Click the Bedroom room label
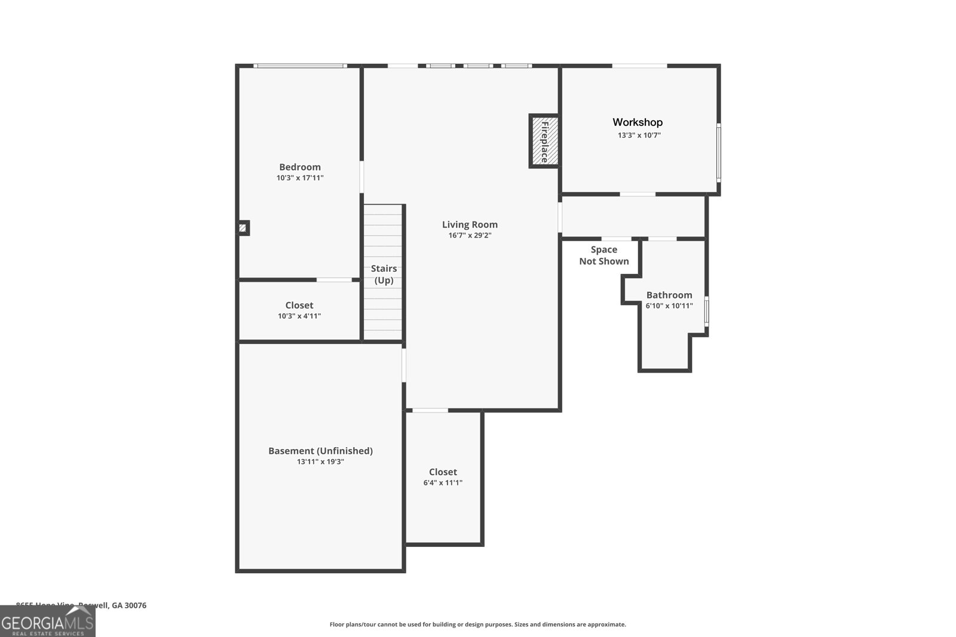(x=300, y=167)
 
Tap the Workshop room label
(x=638, y=122)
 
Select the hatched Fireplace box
(x=544, y=141)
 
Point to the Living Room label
(x=470, y=224)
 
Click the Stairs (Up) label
(x=384, y=274)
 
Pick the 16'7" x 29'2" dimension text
(x=470, y=236)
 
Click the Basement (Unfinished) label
(x=320, y=451)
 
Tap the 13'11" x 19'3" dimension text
(x=320, y=462)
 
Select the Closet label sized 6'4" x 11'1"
(x=443, y=472)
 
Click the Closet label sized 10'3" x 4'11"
(x=299, y=305)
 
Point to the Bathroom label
(x=669, y=295)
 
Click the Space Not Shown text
(x=603, y=256)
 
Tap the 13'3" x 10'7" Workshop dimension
(x=639, y=136)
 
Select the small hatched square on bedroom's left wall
(x=243, y=227)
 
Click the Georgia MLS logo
(x=47, y=622)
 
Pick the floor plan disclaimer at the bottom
(x=477, y=624)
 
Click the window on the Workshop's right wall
(x=718, y=152)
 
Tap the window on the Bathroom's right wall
(x=706, y=311)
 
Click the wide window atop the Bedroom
(x=300, y=66)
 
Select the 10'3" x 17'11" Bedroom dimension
(x=300, y=178)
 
